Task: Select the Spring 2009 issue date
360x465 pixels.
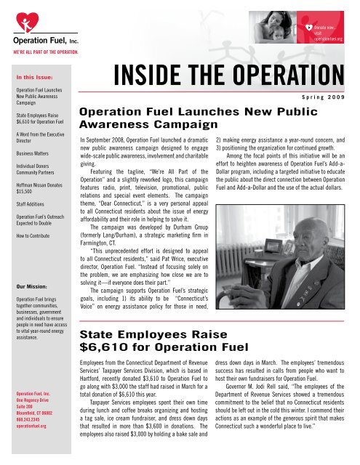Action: pyautogui.click(x=321, y=94)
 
